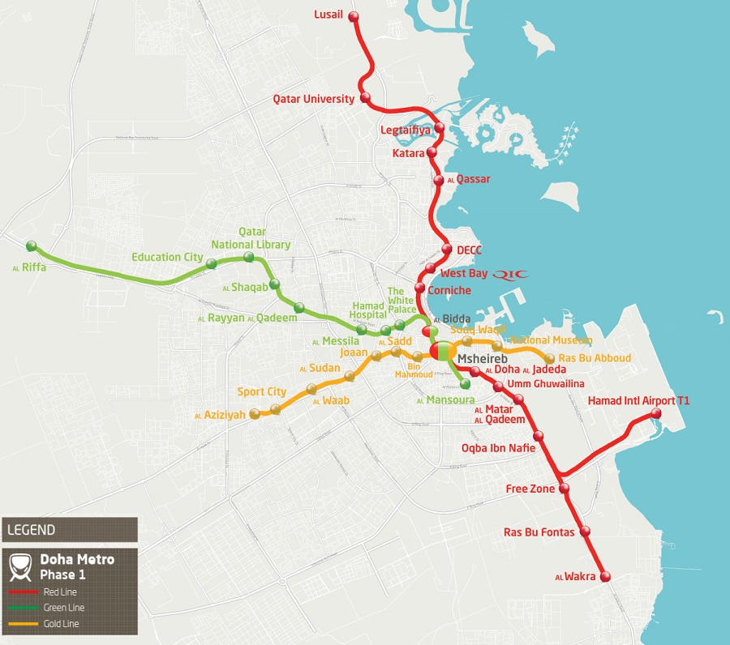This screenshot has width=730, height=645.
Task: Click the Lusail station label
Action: pos(328,15)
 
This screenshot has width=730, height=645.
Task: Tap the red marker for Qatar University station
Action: pos(365,98)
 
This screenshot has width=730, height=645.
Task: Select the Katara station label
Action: pos(408,152)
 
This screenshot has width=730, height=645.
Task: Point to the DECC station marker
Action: pos(446,250)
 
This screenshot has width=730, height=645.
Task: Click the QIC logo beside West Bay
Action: pos(510,274)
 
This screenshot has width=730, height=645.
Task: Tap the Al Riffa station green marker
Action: pos(31,246)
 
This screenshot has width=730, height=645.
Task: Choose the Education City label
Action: pos(167,257)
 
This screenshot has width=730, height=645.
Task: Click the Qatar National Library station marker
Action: pos(248,257)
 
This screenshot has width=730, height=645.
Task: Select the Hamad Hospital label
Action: pos(368,310)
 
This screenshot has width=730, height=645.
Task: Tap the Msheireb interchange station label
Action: pos(482,357)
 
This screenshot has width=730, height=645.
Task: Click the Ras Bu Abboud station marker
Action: pos(551,357)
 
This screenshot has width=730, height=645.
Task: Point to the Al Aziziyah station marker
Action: pos(255,414)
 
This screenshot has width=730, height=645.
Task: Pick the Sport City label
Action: pos(261,392)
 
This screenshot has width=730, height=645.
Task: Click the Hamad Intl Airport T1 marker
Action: pos(655,415)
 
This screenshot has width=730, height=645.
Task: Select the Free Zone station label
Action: pos(530,489)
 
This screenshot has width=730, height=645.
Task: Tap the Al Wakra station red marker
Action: pos(604,576)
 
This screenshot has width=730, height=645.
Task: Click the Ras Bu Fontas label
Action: pos(539,532)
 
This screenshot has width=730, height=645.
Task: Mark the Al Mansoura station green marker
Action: pos(465,384)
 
